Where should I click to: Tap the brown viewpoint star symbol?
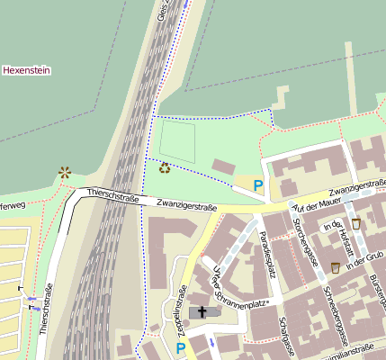click(64, 171)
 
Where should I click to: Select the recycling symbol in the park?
click(165, 166)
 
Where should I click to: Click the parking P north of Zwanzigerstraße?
click(258, 186)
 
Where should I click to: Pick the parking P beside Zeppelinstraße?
click(181, 348)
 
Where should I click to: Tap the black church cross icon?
click(202, 312)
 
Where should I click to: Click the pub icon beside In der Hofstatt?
click(357, 223)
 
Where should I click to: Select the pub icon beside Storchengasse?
click(336, 267)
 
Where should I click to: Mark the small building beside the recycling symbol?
click(223, 166)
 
